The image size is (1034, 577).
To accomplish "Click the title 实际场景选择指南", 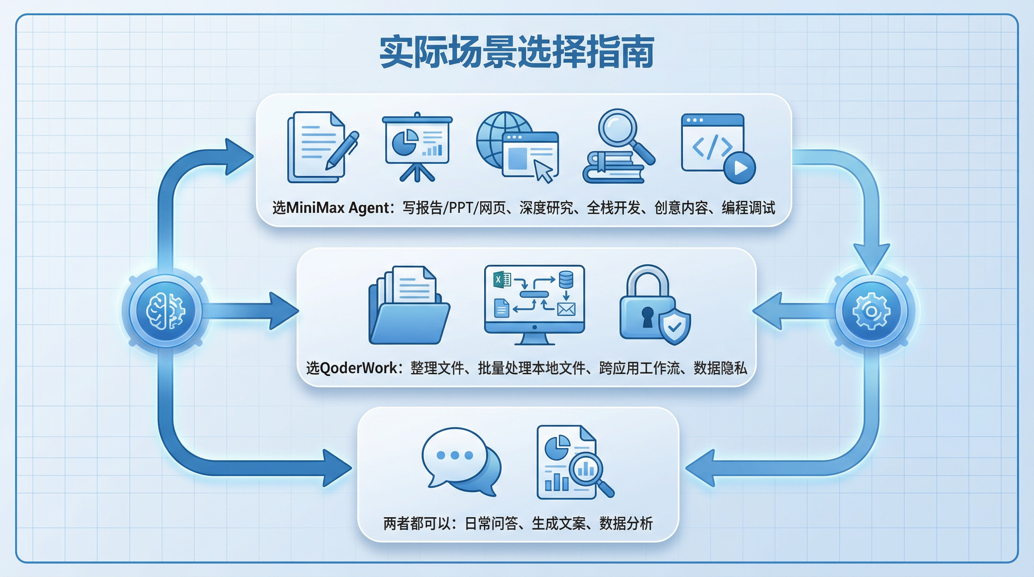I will coord(517,52).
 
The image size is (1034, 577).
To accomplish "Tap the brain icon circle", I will coord(165,311).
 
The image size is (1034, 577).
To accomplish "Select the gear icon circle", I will coord(871,311).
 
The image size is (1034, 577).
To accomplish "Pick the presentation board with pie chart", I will coord(417,147).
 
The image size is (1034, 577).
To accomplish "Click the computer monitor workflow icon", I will coord(534,305).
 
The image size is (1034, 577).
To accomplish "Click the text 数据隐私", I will coord(720,368).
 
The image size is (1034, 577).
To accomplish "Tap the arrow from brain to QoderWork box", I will coord(253,311).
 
